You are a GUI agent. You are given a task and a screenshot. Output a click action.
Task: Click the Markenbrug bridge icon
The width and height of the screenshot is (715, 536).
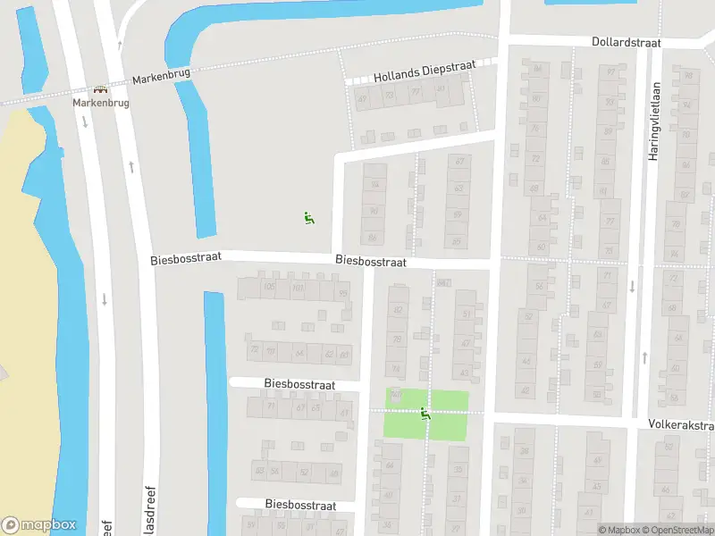tap(101, 90)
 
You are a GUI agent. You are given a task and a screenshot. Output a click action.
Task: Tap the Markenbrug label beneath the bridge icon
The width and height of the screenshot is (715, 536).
tap(101, 104)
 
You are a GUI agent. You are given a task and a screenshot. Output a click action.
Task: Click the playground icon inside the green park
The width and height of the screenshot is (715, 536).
tap(425, 413)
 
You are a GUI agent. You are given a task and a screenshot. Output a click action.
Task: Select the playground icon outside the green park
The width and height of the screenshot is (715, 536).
tap(308, 217)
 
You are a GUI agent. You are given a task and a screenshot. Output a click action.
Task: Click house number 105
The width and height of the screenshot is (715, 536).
tap(269, 287)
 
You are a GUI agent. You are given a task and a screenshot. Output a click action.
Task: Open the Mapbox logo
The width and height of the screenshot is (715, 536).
tap(38, 525)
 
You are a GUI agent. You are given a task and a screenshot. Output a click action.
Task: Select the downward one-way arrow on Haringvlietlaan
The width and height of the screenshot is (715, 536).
tap(632, 287)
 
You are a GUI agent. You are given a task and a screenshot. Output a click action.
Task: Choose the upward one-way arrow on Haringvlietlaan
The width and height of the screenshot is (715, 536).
tap(644, 357)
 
